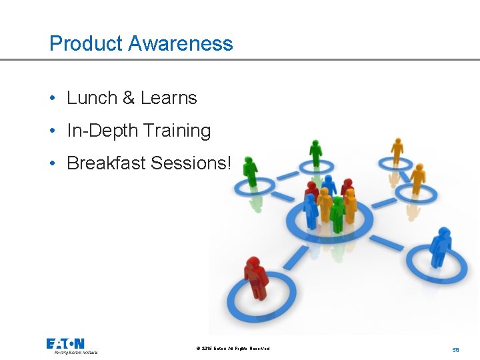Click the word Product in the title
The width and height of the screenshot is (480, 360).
coord(86,44)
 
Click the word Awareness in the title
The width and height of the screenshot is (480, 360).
coord(181,44)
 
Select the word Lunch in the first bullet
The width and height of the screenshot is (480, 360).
coord(92,98)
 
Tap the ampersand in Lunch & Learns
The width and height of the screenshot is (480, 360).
coord(129,98)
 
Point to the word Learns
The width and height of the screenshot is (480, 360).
coord(169,98)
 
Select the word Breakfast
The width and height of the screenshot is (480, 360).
coord(106,163)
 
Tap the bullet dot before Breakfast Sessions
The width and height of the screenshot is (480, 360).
coord(52,163)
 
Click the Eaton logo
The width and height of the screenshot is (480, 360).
coord(65,344)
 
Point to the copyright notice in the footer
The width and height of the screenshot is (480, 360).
coord(233,348)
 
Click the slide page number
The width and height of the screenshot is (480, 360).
coord(456,349)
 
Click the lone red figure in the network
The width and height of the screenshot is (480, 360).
coord(255,277)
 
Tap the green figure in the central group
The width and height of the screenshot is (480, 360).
coord(337,212)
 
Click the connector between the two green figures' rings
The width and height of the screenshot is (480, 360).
coord(287,176)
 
